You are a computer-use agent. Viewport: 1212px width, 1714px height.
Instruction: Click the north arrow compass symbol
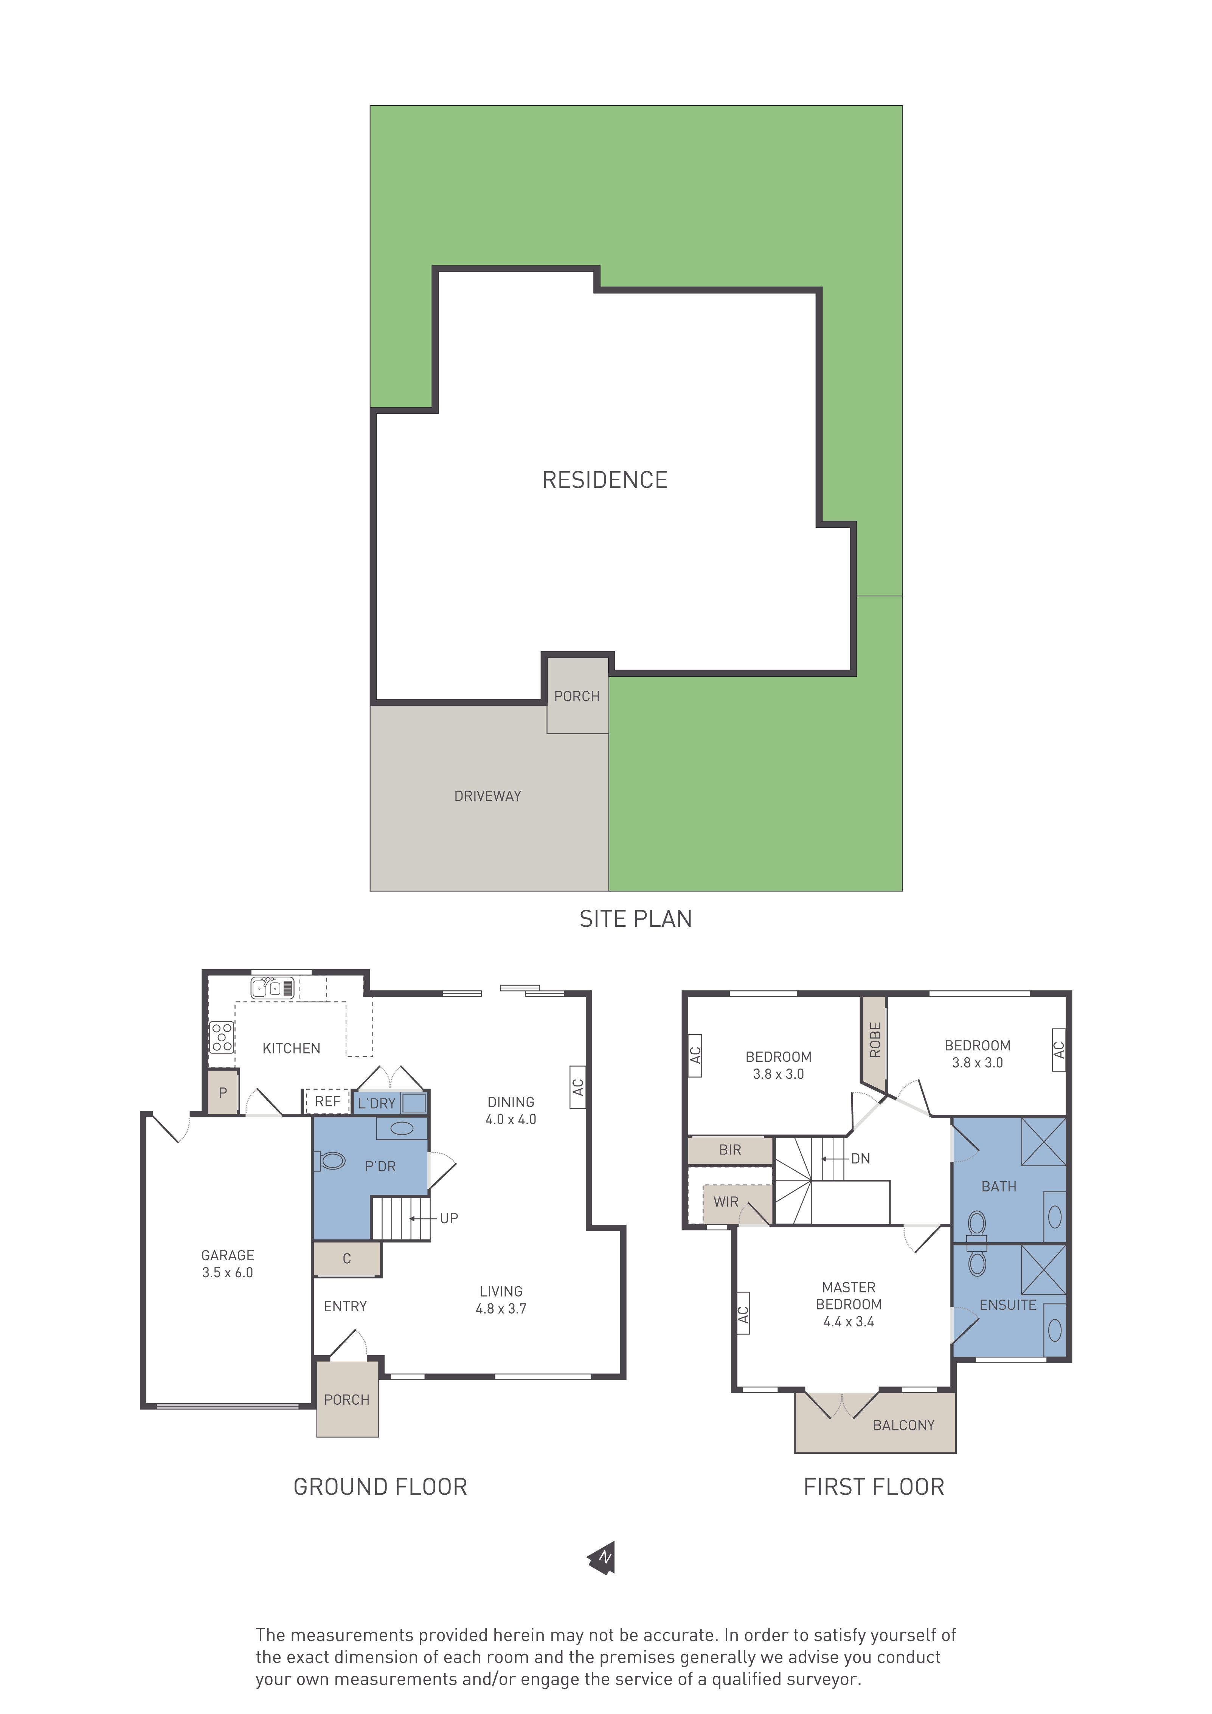point(603,1559)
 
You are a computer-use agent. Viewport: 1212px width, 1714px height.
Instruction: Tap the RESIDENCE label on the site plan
point(605,480)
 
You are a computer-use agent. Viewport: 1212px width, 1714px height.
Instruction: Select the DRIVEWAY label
point(488,796)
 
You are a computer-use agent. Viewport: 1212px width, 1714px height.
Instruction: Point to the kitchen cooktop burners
point(222,1037)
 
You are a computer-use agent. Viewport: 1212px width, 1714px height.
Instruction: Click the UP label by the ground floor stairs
point(449,1218)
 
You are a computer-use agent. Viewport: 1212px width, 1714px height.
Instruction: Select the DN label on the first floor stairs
point(860,1159)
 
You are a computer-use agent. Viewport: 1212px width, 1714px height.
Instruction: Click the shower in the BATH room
point(1043,1142)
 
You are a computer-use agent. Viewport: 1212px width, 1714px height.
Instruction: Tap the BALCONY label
point(903,1425)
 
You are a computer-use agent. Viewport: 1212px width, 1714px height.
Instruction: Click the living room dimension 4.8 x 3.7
point(501,1309)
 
